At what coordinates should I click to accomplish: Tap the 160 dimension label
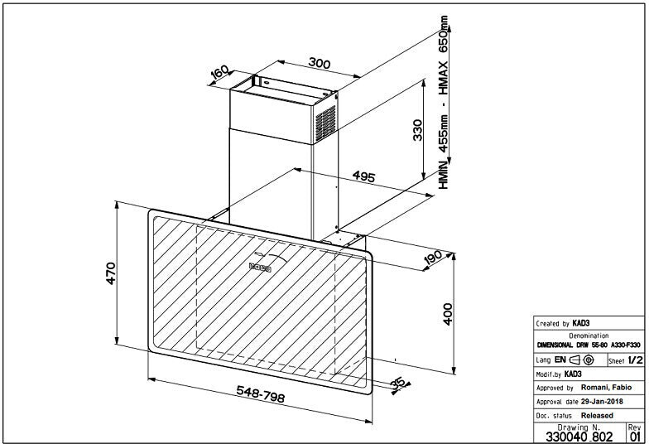(219, 74)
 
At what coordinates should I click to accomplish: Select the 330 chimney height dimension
(419, 131)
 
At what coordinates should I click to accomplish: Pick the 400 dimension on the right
(448, 314)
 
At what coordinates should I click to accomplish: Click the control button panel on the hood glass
(262, 267)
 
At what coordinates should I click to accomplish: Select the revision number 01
(635, 436)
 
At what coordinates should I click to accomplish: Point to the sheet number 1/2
(635, 360)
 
